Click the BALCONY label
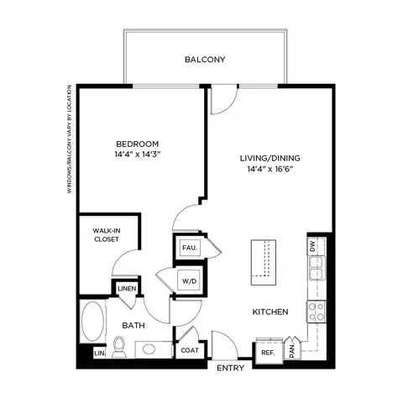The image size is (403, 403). click(205, 60)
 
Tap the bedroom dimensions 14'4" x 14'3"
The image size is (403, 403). click(138, 154)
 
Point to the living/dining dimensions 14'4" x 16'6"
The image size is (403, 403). click(270, 169)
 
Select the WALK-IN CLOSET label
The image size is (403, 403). click(107, 235)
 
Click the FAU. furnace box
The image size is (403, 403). click(190, 248)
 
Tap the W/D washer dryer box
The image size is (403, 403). click(190, 280)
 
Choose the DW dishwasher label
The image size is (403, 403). click(312, 246)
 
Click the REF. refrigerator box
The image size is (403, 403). click(269, 353)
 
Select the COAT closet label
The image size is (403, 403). click(190, 350)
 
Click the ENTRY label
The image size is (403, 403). click(230, 368)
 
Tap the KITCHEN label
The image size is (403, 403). click(270, 311)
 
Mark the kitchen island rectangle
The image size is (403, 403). click(264, 263)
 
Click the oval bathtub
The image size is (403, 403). click(92, 322)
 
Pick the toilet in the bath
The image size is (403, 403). click(119, 347)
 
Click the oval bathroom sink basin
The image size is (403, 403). click(149, 349)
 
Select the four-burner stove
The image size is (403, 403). click(317, 311)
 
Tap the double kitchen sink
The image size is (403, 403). click(317, 268)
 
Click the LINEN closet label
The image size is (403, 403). click(127, 289)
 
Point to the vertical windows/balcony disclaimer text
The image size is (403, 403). click(69, 139)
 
